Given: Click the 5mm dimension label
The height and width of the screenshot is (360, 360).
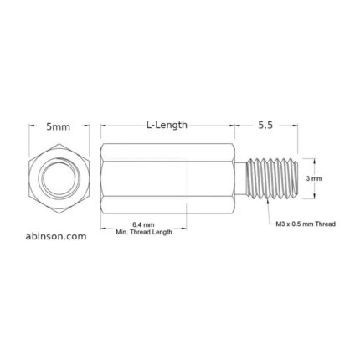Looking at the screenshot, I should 58,126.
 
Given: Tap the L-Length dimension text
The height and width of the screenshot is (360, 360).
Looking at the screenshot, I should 167,125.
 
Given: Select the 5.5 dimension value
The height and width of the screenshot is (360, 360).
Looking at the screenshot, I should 266,125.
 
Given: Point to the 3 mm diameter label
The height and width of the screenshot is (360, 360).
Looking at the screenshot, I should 315,178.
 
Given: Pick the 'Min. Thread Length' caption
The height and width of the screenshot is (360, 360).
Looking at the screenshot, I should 143,232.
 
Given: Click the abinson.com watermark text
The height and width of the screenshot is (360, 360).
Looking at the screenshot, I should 51,237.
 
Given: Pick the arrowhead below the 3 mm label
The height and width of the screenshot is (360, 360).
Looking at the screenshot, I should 315,197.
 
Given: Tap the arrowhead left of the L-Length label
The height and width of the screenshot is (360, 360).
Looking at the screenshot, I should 104,126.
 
